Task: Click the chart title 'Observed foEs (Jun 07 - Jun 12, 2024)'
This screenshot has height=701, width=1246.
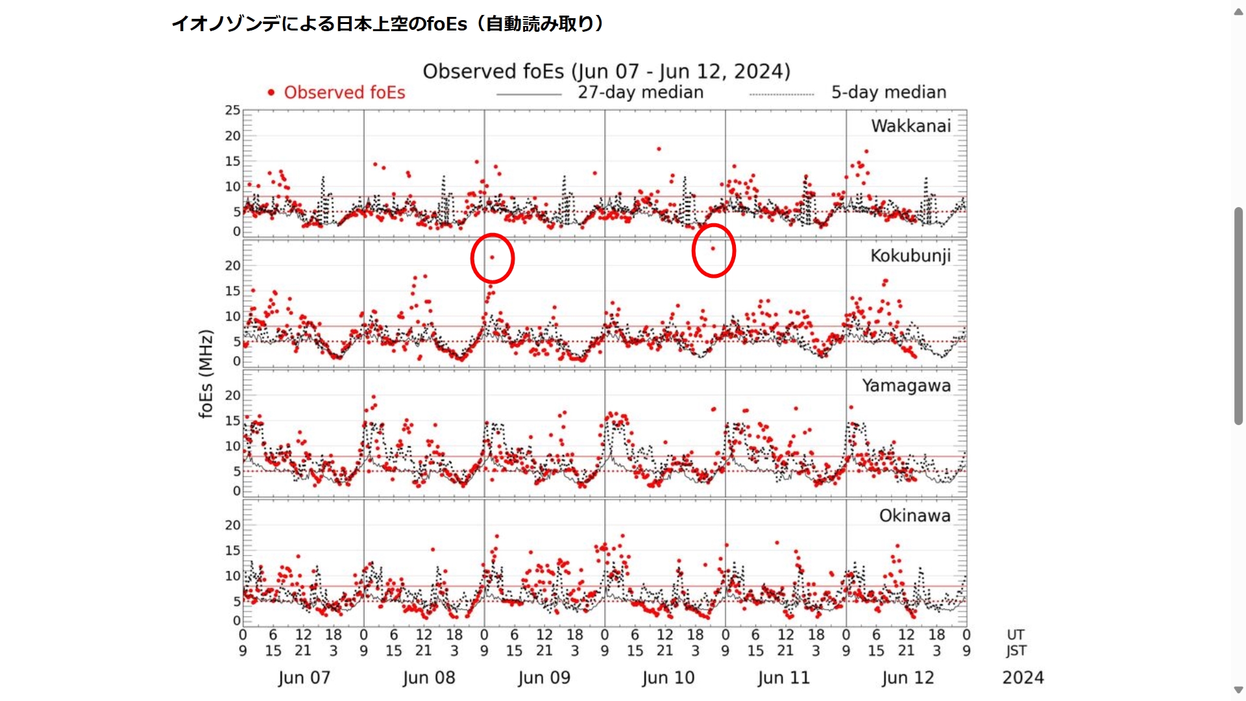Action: click(606, 71)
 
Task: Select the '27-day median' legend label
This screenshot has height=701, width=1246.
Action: click(641, 92)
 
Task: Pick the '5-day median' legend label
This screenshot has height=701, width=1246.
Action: click(888, 92)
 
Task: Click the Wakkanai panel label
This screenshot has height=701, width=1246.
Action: click(910, 126)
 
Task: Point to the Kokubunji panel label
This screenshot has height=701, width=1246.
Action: click(910, 256)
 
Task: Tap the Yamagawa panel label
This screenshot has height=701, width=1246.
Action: click(906, 386)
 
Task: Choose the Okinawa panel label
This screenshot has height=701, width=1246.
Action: click(914, 515)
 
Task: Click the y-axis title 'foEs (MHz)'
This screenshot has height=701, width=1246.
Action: click(206, 374)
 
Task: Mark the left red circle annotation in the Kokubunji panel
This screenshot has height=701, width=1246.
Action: click(493, 258)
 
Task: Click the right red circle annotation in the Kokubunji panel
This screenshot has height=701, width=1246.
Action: click(713, 251)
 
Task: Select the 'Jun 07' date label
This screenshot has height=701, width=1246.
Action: click(304, 678)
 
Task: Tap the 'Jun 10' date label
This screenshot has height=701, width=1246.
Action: click(668, 678)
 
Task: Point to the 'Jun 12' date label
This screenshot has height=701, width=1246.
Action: click(907, 678)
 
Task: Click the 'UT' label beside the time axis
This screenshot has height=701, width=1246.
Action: click(1015, 635)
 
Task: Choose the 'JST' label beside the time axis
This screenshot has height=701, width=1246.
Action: click(1016, 650)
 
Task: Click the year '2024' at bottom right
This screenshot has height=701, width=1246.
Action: click(1023, 678)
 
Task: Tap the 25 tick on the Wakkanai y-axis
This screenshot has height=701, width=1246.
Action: click(232, 110)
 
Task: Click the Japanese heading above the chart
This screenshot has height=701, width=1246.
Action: click(388, 24)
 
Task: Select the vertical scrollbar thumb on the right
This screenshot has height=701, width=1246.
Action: click(1238, 316)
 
